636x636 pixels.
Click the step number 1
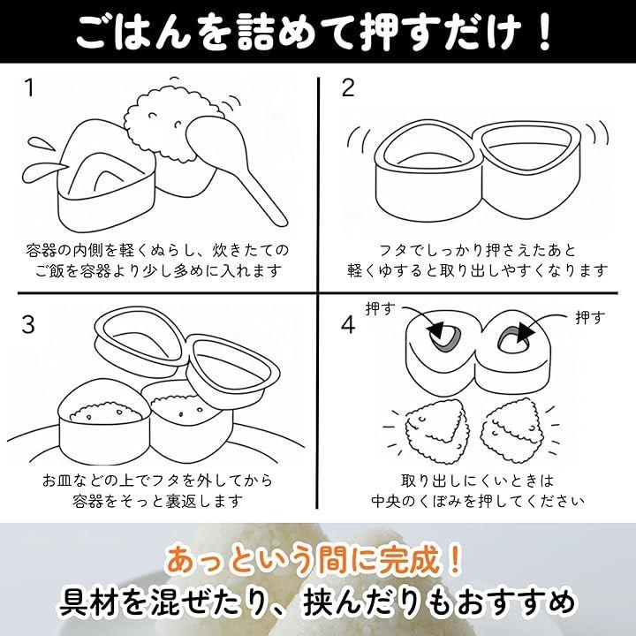click(x=29, y=88)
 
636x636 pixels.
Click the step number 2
click(x=348, y=88)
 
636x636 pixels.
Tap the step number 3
click(x=28, y=324)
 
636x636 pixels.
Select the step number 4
click(x=348, y=324)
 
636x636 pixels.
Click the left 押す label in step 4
click(x=380, y=309)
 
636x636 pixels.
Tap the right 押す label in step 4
click(x=590, y=318)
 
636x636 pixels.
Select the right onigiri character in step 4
click(x=514, y=429)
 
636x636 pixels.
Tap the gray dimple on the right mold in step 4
click(x=512, y=340)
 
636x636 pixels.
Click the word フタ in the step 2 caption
click(x=391, y=250)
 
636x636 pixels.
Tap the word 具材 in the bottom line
click(x=88, y=602)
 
